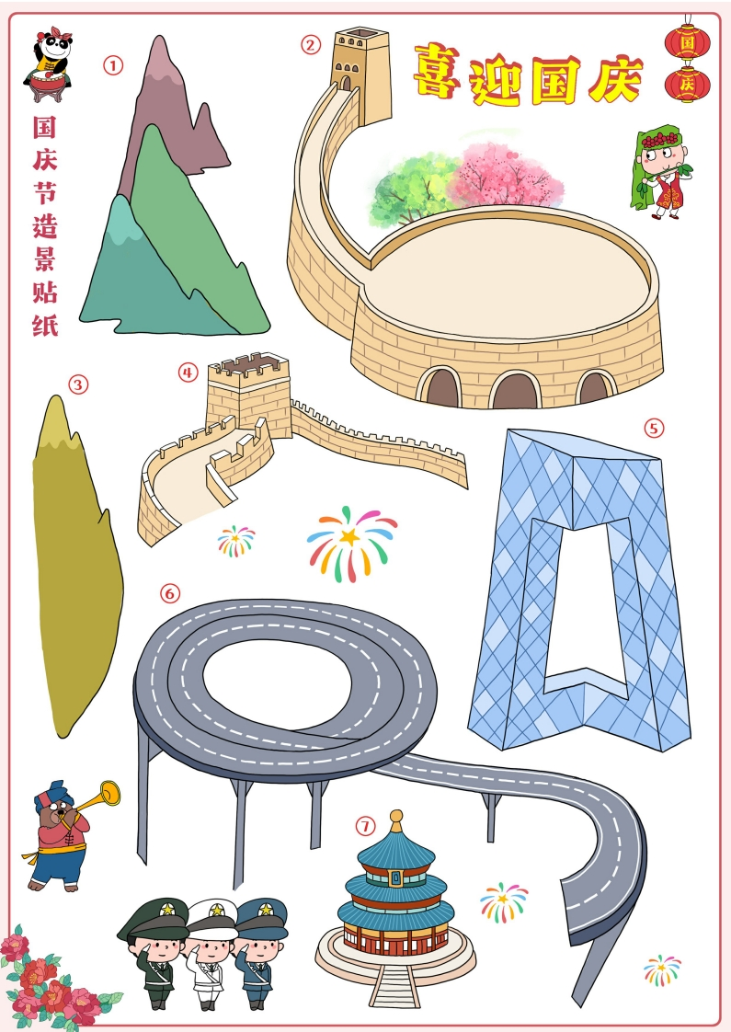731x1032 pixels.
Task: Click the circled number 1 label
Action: (x=112, y=65)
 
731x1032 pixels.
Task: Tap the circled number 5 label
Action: (x=654, y=428)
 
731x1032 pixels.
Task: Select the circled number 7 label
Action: (x=365, y=825)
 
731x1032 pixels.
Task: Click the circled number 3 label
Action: (x=78, y=384)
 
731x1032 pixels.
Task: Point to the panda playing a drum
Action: (x=48, y=63)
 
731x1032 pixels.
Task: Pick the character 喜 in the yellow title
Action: (x=437, y=71)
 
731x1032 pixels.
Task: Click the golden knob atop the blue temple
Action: (x=396, y=820)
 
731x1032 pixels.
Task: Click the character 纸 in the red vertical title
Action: (x=45, y=325)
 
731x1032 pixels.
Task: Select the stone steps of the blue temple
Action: (x=394, y=984)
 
